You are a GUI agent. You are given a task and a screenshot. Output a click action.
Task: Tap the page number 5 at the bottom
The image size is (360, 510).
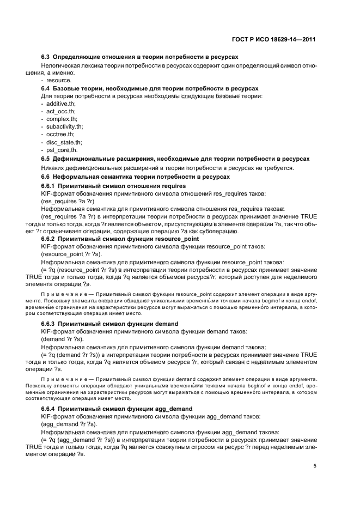pos(315,466)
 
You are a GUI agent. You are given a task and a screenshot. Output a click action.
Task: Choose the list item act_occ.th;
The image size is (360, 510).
pos(62,111)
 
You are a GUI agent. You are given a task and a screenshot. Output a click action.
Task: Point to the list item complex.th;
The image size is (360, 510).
pos(62,119)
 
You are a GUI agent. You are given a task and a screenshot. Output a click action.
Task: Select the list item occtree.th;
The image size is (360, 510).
pos(61,134)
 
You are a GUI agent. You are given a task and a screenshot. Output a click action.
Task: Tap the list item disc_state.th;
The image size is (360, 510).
pos(64,142)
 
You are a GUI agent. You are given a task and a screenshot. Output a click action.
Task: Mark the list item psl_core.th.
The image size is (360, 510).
pos(63,149)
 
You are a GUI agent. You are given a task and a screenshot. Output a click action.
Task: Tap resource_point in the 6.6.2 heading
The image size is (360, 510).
pos(176,239)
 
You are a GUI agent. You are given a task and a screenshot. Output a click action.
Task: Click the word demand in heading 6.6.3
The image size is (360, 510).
pos(167,323)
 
